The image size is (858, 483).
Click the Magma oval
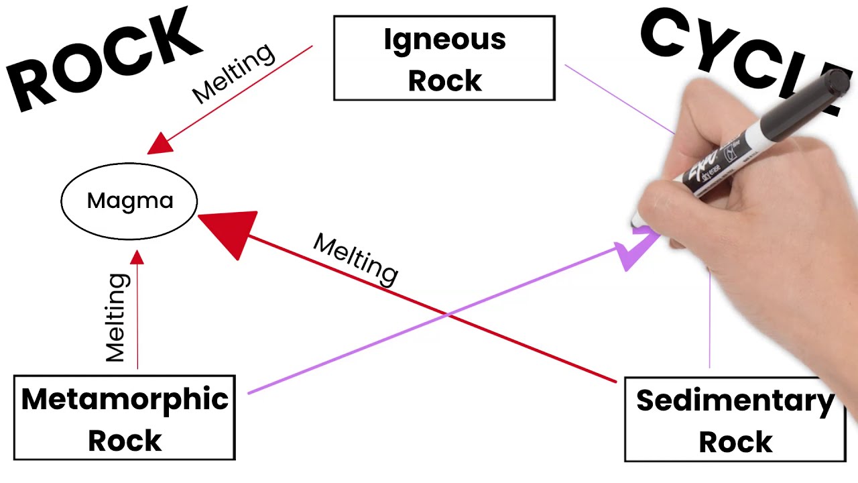pyautogui.click(x=129, y=201)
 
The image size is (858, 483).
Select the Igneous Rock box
pyautogui.click(x=444, y=58)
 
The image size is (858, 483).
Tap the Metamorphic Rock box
pyautogui.click(x=125, y=418)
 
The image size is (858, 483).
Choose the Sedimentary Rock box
pyautogui.click(x=735, y=420)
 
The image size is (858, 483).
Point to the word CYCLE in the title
pyautogui.click(x=737, y=54)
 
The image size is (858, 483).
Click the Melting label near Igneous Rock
pyautogui.click(x=234, y=73)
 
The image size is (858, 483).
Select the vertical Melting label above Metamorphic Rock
pyautogui.click(x=117, y=317)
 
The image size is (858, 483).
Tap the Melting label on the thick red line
pyautogui.click(x=356, y=258)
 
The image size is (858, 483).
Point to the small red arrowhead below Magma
pyautogui.click(x=137, y=258)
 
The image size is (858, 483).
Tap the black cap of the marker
pyautogui.click(x=835, y=84)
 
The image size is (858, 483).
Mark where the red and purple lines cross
pyautogui.click(x=446, y=313)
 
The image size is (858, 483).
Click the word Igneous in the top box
pyautogui.click(x=444, y=40)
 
